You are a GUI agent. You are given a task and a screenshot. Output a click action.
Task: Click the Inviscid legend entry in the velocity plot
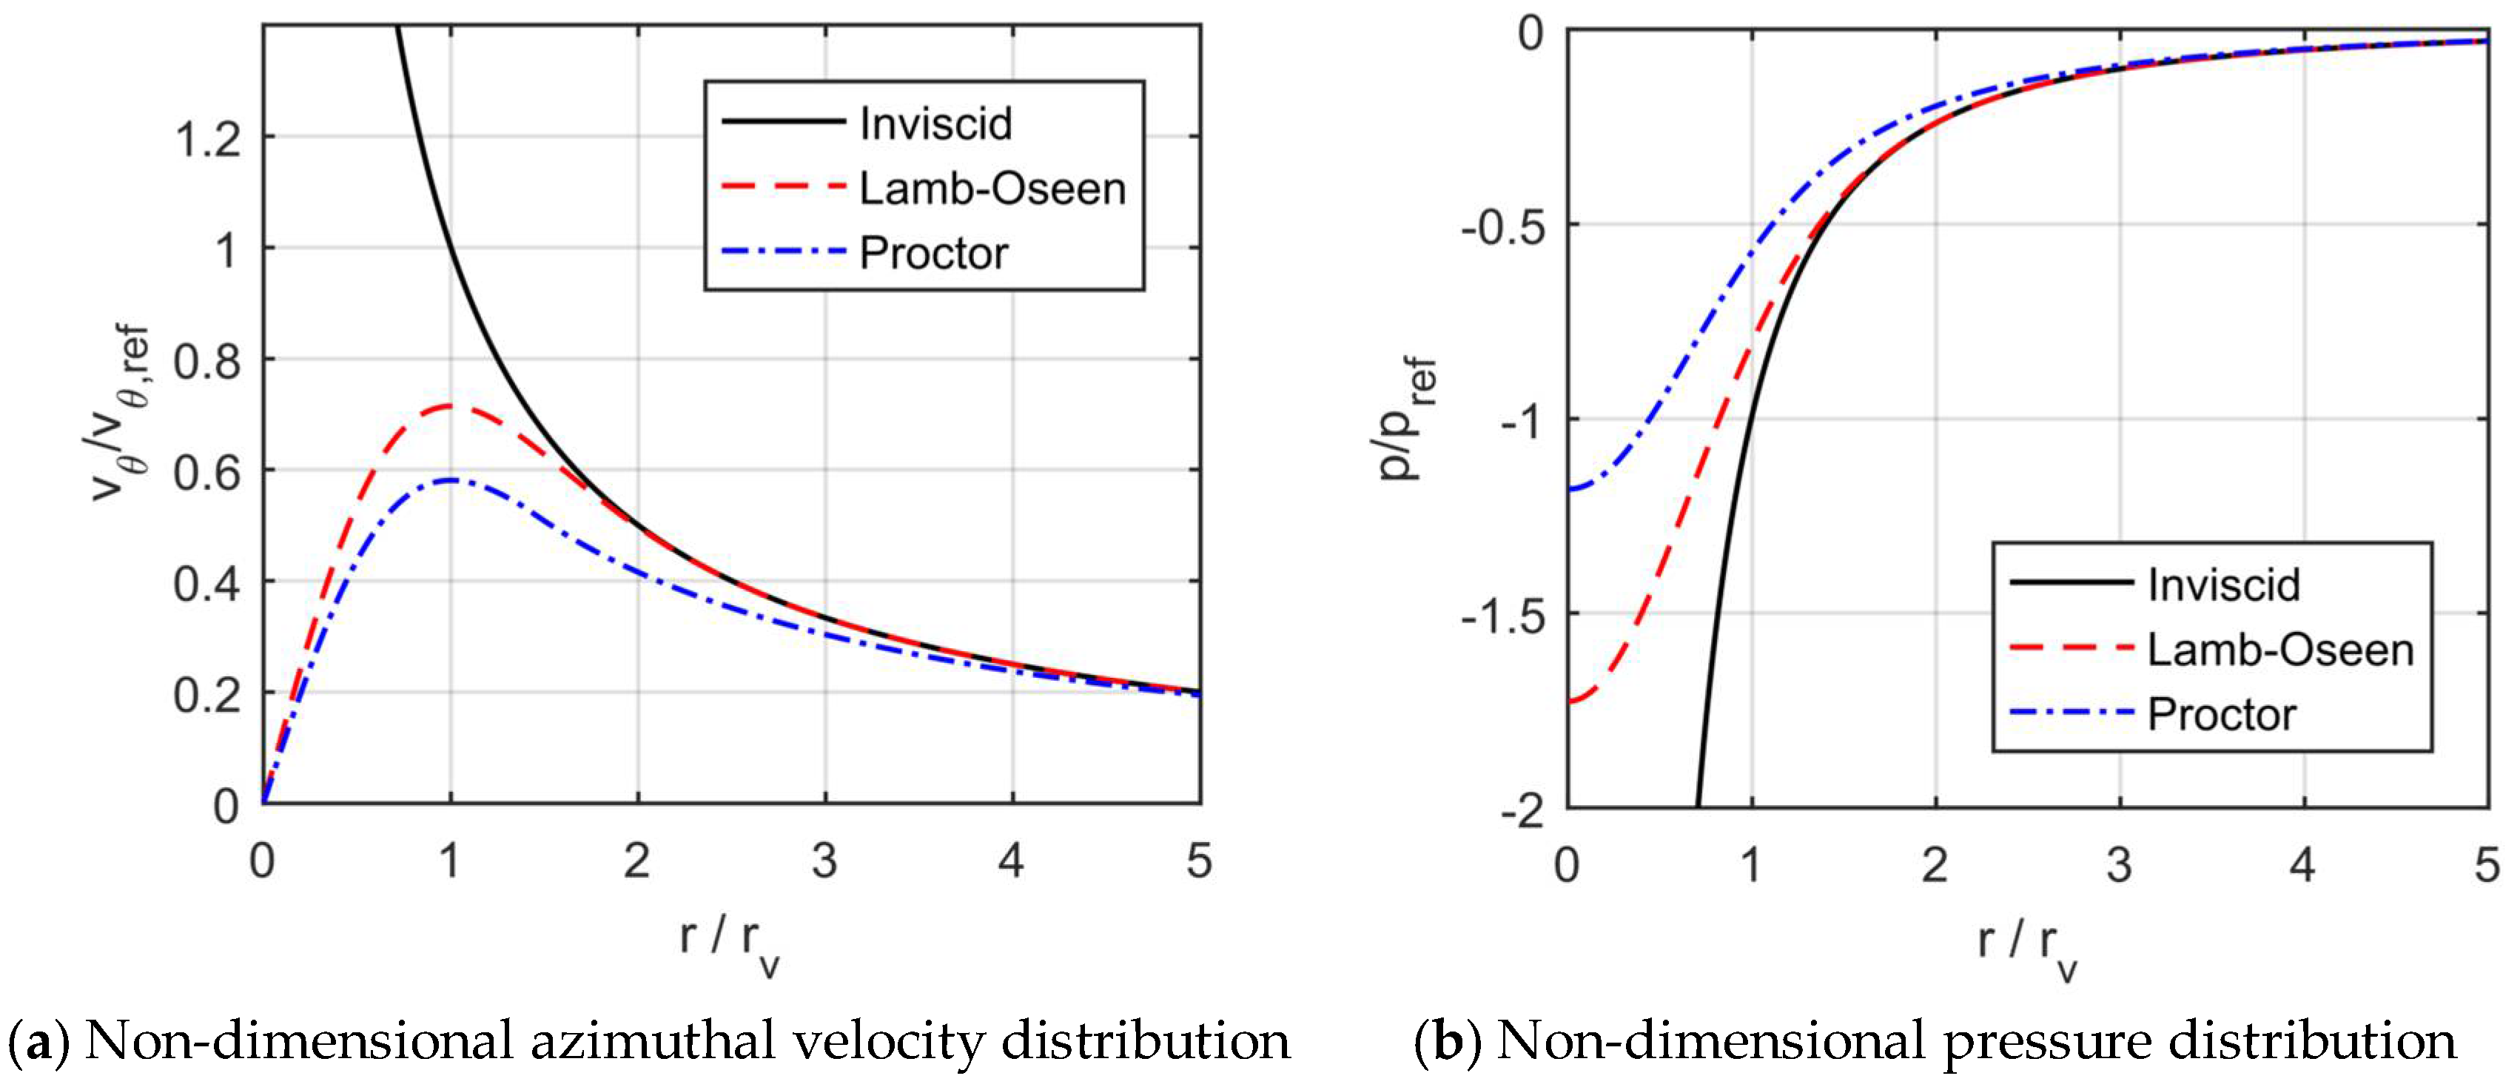(x=934, y=124)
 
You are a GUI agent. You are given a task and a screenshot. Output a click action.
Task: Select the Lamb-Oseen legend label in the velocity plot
(x=992, y=189)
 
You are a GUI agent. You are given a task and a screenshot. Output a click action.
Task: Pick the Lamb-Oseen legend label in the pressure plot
(x=2279, y=650)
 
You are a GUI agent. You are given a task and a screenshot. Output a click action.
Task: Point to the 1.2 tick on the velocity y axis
(x=207, y=139)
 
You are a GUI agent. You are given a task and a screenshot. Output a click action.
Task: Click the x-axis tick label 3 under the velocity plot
(x=824, y=861)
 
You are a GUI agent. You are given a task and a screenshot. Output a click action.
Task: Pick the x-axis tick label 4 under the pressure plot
(x=2303, y=865)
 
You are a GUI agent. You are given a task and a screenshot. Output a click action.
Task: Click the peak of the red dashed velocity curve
(x=450, y=405)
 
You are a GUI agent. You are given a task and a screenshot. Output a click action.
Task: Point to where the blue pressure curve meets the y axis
(x=1569, y=488)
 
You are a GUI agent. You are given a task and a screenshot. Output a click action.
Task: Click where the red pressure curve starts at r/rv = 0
(x=1569, y=702)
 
